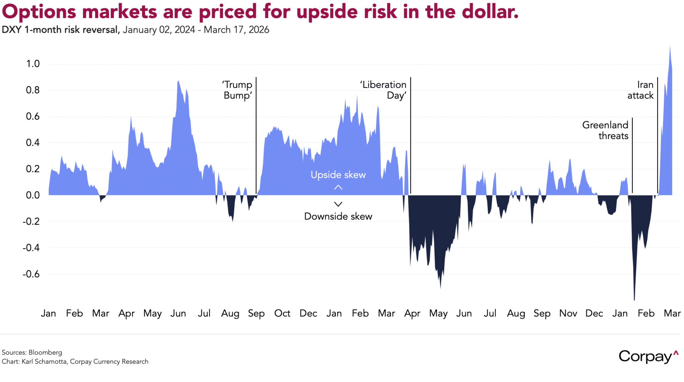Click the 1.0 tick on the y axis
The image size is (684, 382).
tap(33, 64)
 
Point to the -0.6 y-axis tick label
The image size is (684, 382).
tap(31, 274)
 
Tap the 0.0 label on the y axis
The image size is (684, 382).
tap(33, 195)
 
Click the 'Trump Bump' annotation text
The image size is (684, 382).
tap(237, 90)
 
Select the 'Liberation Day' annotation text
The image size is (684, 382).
tap(384, 90)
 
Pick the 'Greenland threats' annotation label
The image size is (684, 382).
tap(605, 130)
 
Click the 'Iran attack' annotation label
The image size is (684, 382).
tap(641, 90)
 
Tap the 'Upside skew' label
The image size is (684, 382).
tap(338, 175)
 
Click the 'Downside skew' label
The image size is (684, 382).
tap(338, 217)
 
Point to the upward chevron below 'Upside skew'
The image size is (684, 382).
tap(338, 188)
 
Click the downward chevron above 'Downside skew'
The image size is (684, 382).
tap(338, 204)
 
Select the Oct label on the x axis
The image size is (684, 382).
tap(282, 314)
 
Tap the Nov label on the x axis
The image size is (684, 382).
tap(568, 314)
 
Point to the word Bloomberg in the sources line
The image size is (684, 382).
tap(45, 353)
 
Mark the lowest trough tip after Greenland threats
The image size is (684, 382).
tap(634, 299)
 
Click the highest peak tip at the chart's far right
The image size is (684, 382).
tap(670, 47)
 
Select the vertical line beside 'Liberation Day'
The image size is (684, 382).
tap(411, 134)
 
